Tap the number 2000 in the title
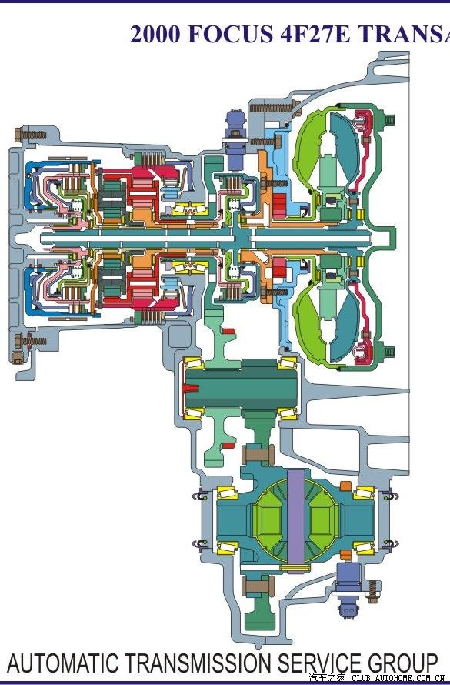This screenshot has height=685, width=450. coord(155,34)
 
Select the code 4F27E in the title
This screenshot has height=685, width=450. coord(315,34)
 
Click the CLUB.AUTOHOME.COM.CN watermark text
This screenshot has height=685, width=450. coord(398,678)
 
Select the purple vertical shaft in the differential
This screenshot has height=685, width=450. coord(296,518)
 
